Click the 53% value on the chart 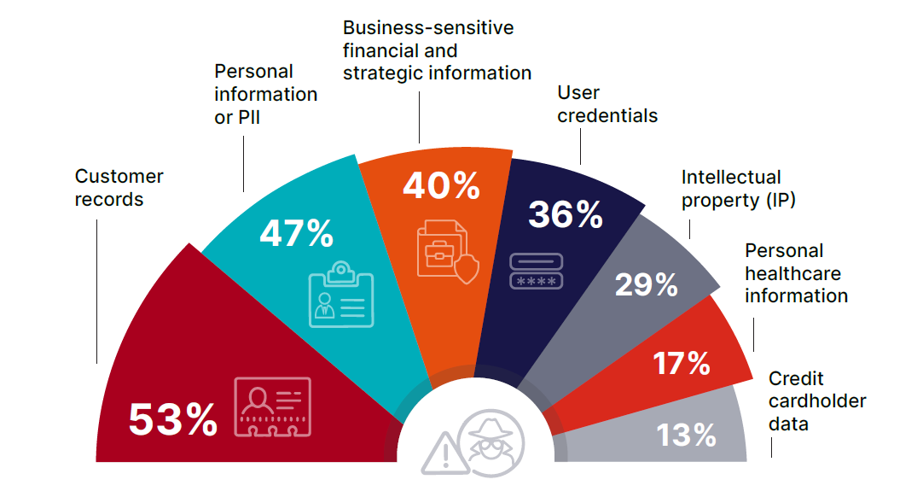click(173, 419)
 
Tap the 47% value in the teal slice click(296, 232)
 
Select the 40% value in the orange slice click(441, 185)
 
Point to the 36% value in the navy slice click(565, 214)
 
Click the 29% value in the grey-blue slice click(646, 284)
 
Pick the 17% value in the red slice click(682, 363)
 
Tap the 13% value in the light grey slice click(686, 435)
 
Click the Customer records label click(119, 188)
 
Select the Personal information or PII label click(265, 94)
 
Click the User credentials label click(607, 103)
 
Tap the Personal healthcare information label click(796, 273)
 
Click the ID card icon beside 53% click(272, 405)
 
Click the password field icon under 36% click(536, 270)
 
